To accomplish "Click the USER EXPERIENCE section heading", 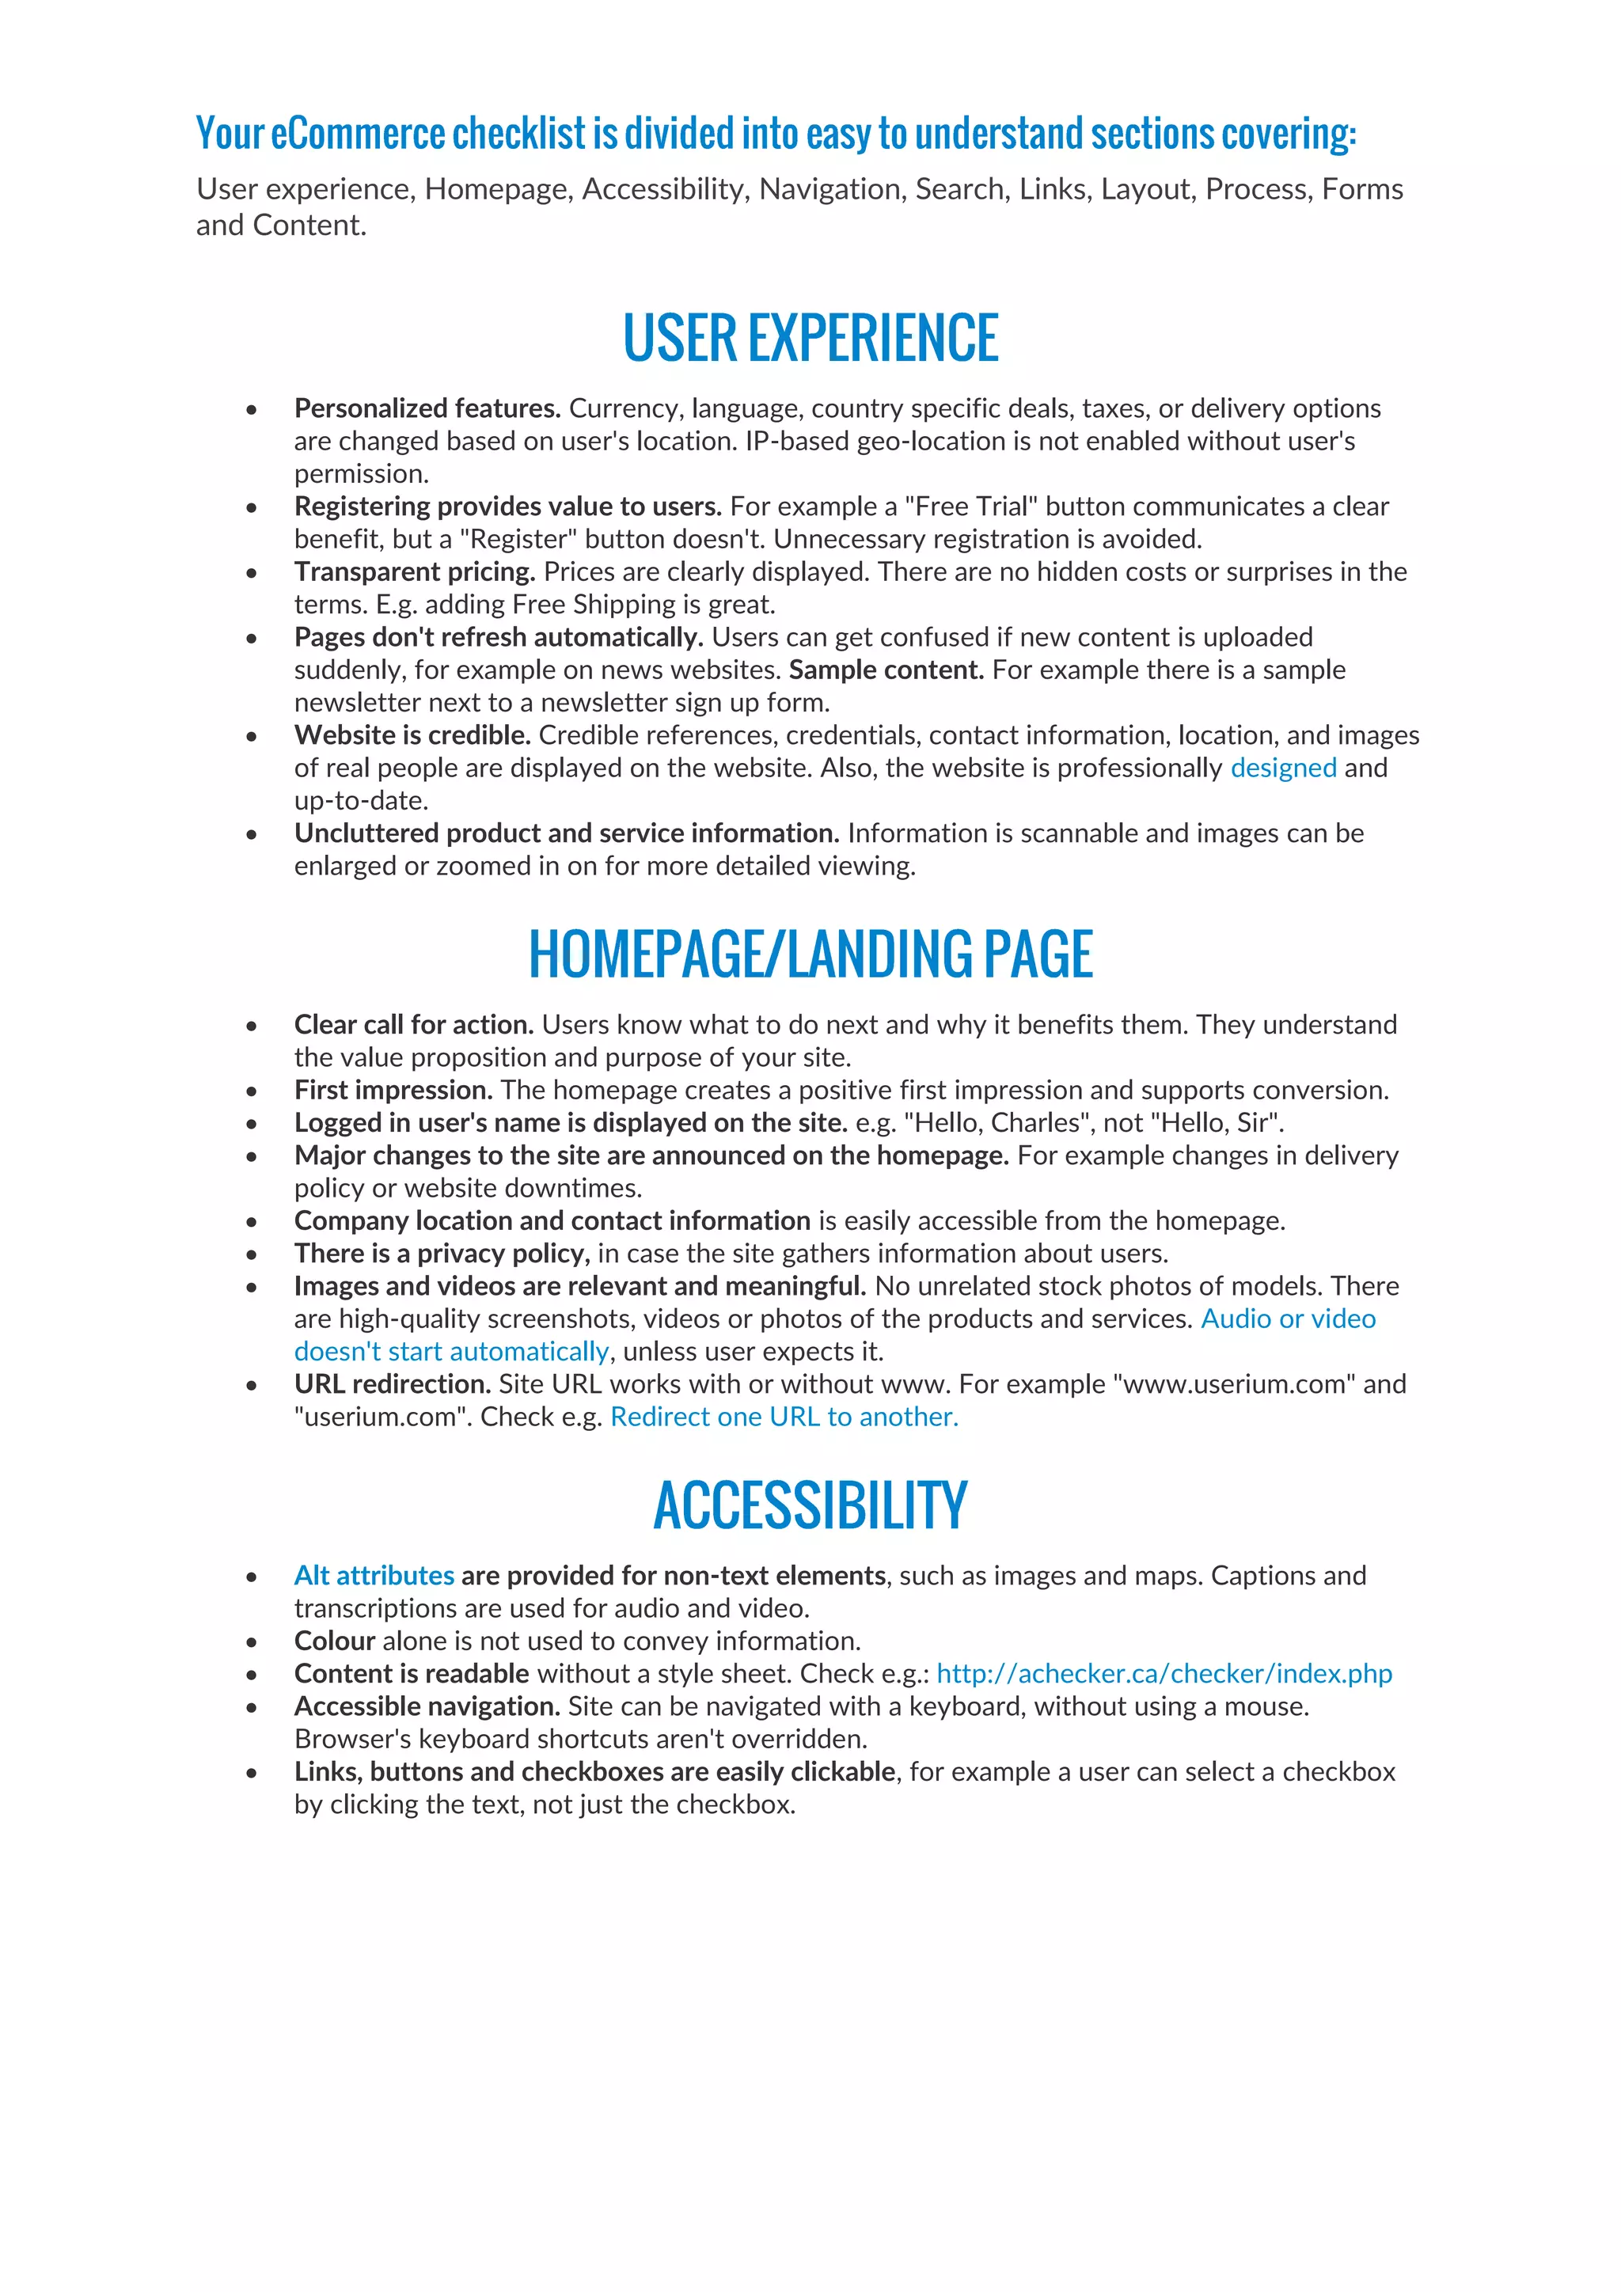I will [810, 339].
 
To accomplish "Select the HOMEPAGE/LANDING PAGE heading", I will [810, 954].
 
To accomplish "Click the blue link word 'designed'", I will [1282, 768].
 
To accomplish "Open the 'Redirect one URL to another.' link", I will [784, 1417].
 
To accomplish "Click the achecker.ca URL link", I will [1164, 1673].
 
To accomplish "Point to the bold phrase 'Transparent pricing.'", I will [414, 572].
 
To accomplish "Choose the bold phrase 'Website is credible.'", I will [412, 736].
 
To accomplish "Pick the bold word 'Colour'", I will [334, 1641].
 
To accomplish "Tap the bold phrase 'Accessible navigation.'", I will [426, 1706].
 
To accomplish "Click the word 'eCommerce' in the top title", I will [357, 134].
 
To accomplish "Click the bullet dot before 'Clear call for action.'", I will [252, 1026].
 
